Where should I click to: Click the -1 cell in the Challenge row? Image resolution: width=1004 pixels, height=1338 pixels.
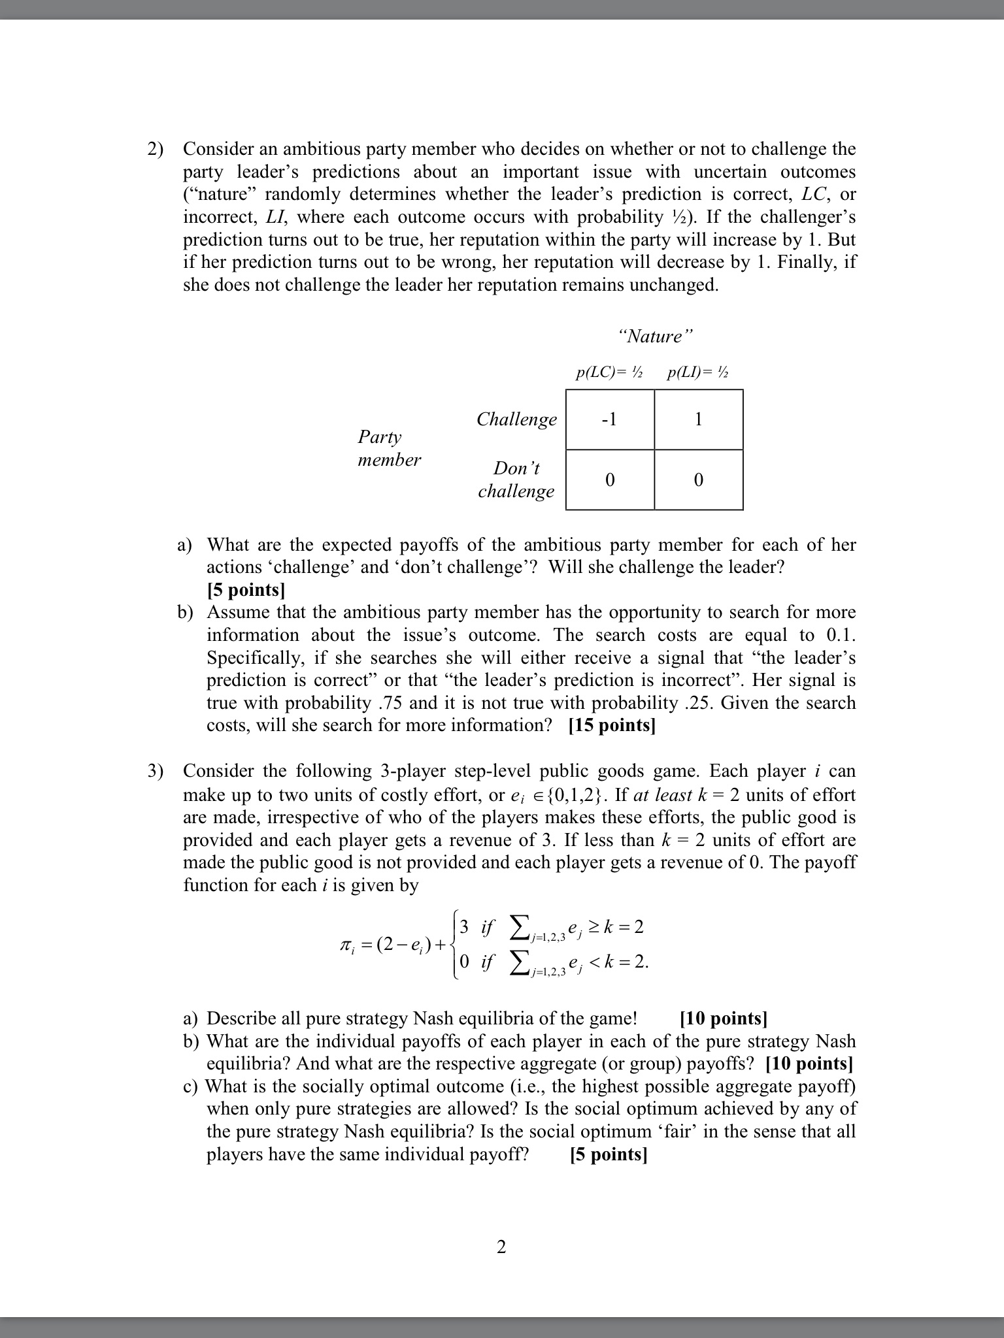[x=609, y=419]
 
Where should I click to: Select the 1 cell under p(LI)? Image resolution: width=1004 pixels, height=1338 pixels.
[x=698, y=419]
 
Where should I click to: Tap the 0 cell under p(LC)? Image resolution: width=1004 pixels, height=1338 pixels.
[x=609, y=480]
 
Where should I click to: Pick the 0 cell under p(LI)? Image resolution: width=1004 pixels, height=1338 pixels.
[x=698, y=480]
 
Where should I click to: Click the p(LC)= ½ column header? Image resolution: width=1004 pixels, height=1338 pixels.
[x=609, y=373]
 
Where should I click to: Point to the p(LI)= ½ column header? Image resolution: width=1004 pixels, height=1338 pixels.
[x=698, y=373]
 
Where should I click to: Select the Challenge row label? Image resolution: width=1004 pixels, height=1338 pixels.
[x=516, y=419]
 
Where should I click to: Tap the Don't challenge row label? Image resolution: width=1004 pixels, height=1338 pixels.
[x=516, y=480]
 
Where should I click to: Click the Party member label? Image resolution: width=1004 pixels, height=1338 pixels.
[x=389, y=448]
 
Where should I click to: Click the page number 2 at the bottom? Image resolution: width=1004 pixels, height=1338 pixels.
[x=501, y=1247]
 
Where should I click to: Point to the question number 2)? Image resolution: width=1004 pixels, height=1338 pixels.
[x=155, y=149]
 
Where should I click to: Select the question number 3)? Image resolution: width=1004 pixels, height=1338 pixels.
[x=155, y=771]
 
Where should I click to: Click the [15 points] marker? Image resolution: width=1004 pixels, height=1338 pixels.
[x=612, y=726]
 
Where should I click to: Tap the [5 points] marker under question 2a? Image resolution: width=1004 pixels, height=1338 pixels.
[x=246, y=590]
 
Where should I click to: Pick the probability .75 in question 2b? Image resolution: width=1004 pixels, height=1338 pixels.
[x=390, y=703]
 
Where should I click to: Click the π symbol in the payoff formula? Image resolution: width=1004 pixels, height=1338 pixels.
[x=341, y=944]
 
